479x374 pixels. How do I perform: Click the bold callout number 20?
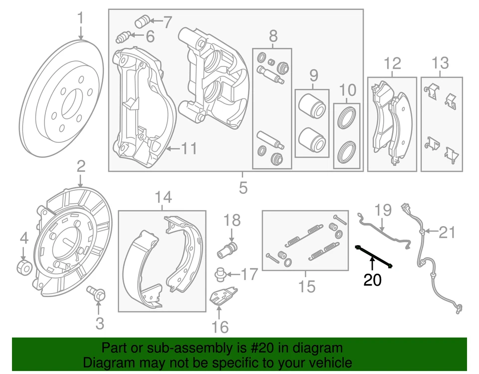pyautogui.click(x=372, y=281)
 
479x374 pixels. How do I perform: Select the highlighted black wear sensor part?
pyautogui.click(x=374, y=256)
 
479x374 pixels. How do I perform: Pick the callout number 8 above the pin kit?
pyautogui.click(x=273, y=36)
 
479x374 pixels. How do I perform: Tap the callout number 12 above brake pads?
pyautogui.click(x=392, y=63)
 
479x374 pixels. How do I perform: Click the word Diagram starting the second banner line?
pyautogui.click(x=107, y=362)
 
